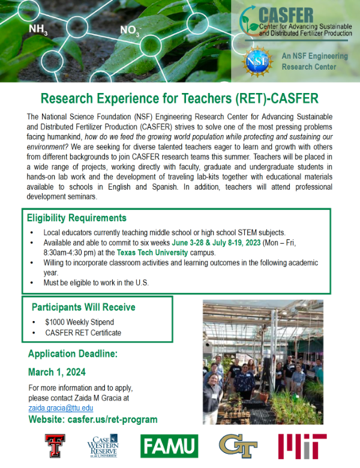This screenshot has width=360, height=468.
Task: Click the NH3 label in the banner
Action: click(x=38, y=29)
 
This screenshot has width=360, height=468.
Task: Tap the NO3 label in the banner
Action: click(x=130, y=31)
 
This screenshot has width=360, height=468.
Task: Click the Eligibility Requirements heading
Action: click(x=77, y=218)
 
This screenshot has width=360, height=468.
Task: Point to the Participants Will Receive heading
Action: click(x=83, y=307)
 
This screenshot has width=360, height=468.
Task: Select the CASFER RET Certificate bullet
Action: click(x=83, y=332)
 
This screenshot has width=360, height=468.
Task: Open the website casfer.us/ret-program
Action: click(x=93, y=419)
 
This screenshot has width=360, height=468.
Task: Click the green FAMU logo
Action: click(x=169, y=446)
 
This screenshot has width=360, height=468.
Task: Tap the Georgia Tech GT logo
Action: click(x=238, y=446)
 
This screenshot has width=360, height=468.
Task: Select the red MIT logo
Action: click(x=302, y=446)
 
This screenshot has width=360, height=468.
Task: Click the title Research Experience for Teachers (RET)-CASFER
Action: click(x=179, y=98)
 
